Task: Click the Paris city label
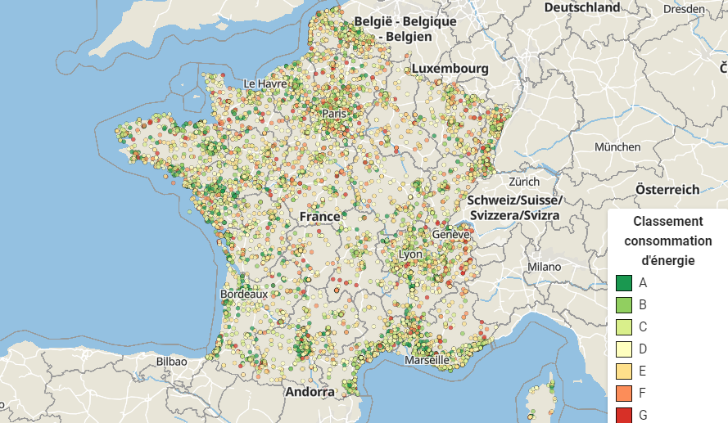pyautogui.click(x=334, y=114)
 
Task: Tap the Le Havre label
pyautogui.click(x=265, y=83)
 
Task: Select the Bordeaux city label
pyautogui.click(x=244, y=295)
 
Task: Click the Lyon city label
pyautogui.click(x=410, y=254)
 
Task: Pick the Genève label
pyautogui.click(x=451, y=234)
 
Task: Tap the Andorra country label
pyautogui.click(x=310, y=392)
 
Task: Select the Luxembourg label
pyautogui.click(x=450, y=68)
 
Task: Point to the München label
pyautogui.click(x=617, y=147)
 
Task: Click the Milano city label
pyautogui.click(x=544, y=267)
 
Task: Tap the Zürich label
pyautogui.click(x=523, y=182)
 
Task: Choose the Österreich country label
pyautogui.click(x=667, y=189)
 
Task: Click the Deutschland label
pyautogui.click(x=582, y=7)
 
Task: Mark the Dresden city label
pyautogui.click(x=685, y=10)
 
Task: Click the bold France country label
pyautogui.click(x=319, y=216)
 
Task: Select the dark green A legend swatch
pyautogui.click(x=623, y=283)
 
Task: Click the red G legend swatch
pyautogui.click(x=623, y=415)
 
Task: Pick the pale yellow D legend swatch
pyautogui.click(x=623, y=349)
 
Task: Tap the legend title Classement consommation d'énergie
pyautogui.click(x=667, y=241)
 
